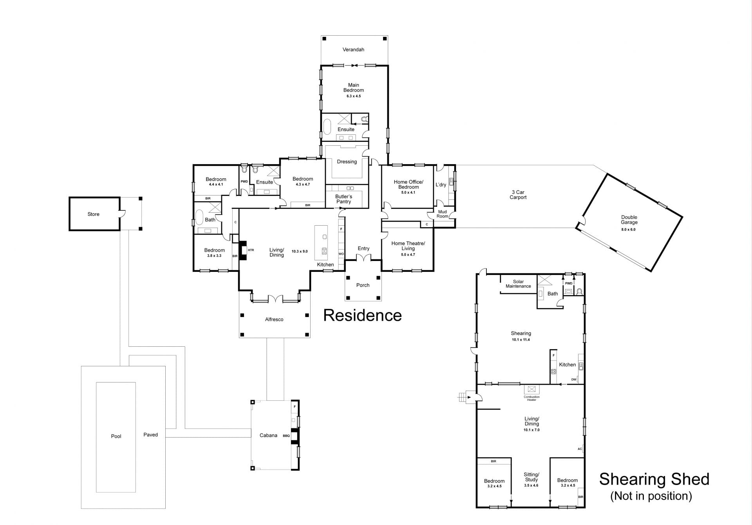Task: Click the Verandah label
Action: click(x=353, y=50)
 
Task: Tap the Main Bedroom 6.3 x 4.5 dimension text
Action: click(x=353, y=96)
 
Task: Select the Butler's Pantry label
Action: click(x=343, y=199)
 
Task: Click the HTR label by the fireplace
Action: click(x=251, y=250)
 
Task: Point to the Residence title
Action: click(x=362, y=315)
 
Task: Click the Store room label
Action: click(x=93, y=214)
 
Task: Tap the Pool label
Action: click(x=116, y=436)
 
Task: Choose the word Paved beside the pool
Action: click(x=150, y=434)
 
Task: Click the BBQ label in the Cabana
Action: click(x=286, y=436)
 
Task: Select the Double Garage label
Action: click(x=629, y=220)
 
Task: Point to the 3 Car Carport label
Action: click(x=518, y=195)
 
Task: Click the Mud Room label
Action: click(x=442, y=214)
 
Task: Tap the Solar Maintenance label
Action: click(x=518, y=284)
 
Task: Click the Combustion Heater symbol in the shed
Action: click(x=531, y=389)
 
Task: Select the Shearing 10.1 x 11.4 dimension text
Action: click(x=521, y=340)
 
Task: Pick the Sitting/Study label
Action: click(x=531, y=477)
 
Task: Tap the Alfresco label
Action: click(x=274, y=319)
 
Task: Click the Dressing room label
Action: click(x=347, y=162)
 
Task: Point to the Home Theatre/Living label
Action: click(x=408, y=246)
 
